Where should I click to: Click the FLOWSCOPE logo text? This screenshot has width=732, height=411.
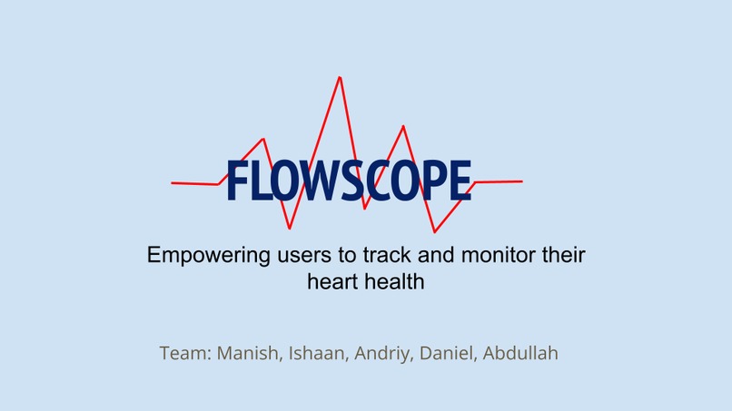pos(349,181)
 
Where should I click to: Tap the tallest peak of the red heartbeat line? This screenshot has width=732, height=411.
pos(340,78)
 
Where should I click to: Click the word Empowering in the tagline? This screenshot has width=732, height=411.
pos(203,255)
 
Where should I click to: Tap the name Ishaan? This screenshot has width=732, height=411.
pos(317,353)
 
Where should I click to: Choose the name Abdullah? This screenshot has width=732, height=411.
pos(520,353)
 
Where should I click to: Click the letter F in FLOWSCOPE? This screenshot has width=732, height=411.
pos(235,181)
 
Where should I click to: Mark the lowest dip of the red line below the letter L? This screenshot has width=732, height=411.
pos(290,228)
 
